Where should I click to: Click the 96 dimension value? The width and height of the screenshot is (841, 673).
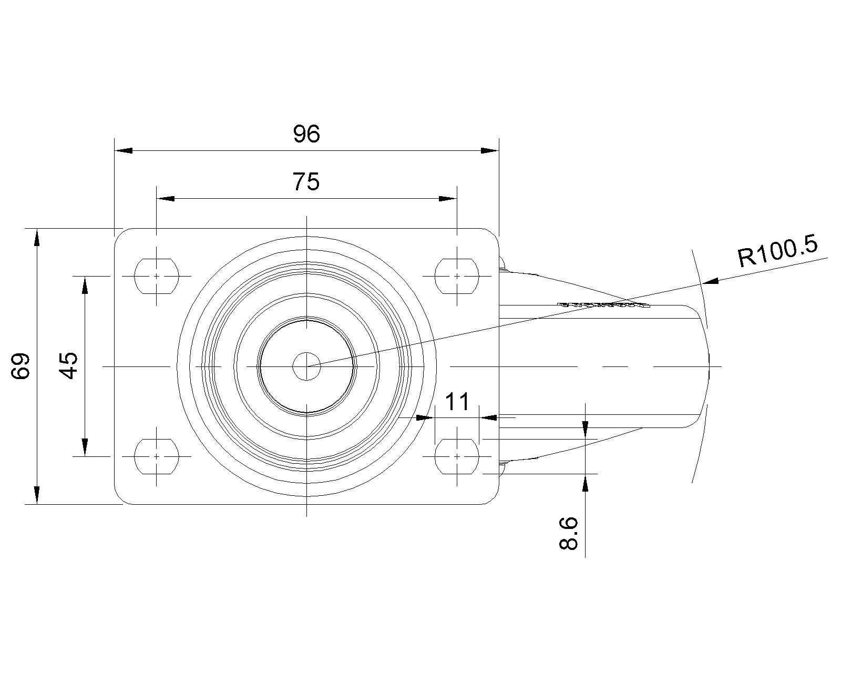[306, 134]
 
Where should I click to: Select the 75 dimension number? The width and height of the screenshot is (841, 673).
[306, 182]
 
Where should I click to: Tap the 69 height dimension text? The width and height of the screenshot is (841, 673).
[20, 366]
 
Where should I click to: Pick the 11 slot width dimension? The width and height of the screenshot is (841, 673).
[457, 402]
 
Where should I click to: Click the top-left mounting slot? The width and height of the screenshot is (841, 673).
[156, 276]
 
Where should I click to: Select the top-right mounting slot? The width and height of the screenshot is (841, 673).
[457, 276]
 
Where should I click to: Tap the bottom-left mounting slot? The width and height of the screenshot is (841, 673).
[156, 456]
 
